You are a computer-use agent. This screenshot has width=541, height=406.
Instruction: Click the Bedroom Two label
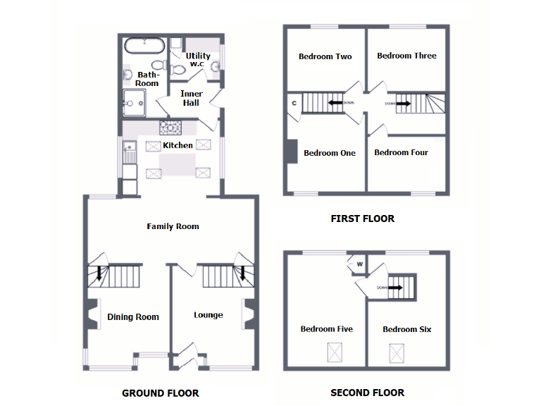click(x=325, y=56)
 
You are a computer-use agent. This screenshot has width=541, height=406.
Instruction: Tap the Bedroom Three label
click(x=406, y=56)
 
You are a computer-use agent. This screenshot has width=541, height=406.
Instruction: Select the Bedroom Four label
click(x=401, y=152)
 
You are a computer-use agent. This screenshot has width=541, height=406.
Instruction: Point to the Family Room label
click(x=173, y=226)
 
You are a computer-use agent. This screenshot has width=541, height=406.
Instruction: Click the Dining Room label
click(x=133, y=317)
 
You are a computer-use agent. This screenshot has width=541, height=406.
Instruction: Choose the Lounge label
click(x=209, y=315)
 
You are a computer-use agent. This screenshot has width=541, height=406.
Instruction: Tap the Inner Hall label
click(x=191, y=98)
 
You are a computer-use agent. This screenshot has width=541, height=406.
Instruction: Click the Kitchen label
click(x=178, y=145)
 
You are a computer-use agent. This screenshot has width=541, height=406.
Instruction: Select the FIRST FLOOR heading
click(x=362, y=219)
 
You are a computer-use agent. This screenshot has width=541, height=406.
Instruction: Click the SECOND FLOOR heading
click(x=367, y=393)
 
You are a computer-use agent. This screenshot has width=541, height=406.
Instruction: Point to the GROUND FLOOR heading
click(x=160, y=393)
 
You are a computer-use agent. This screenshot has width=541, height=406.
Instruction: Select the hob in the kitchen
click(x=170, y=128)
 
